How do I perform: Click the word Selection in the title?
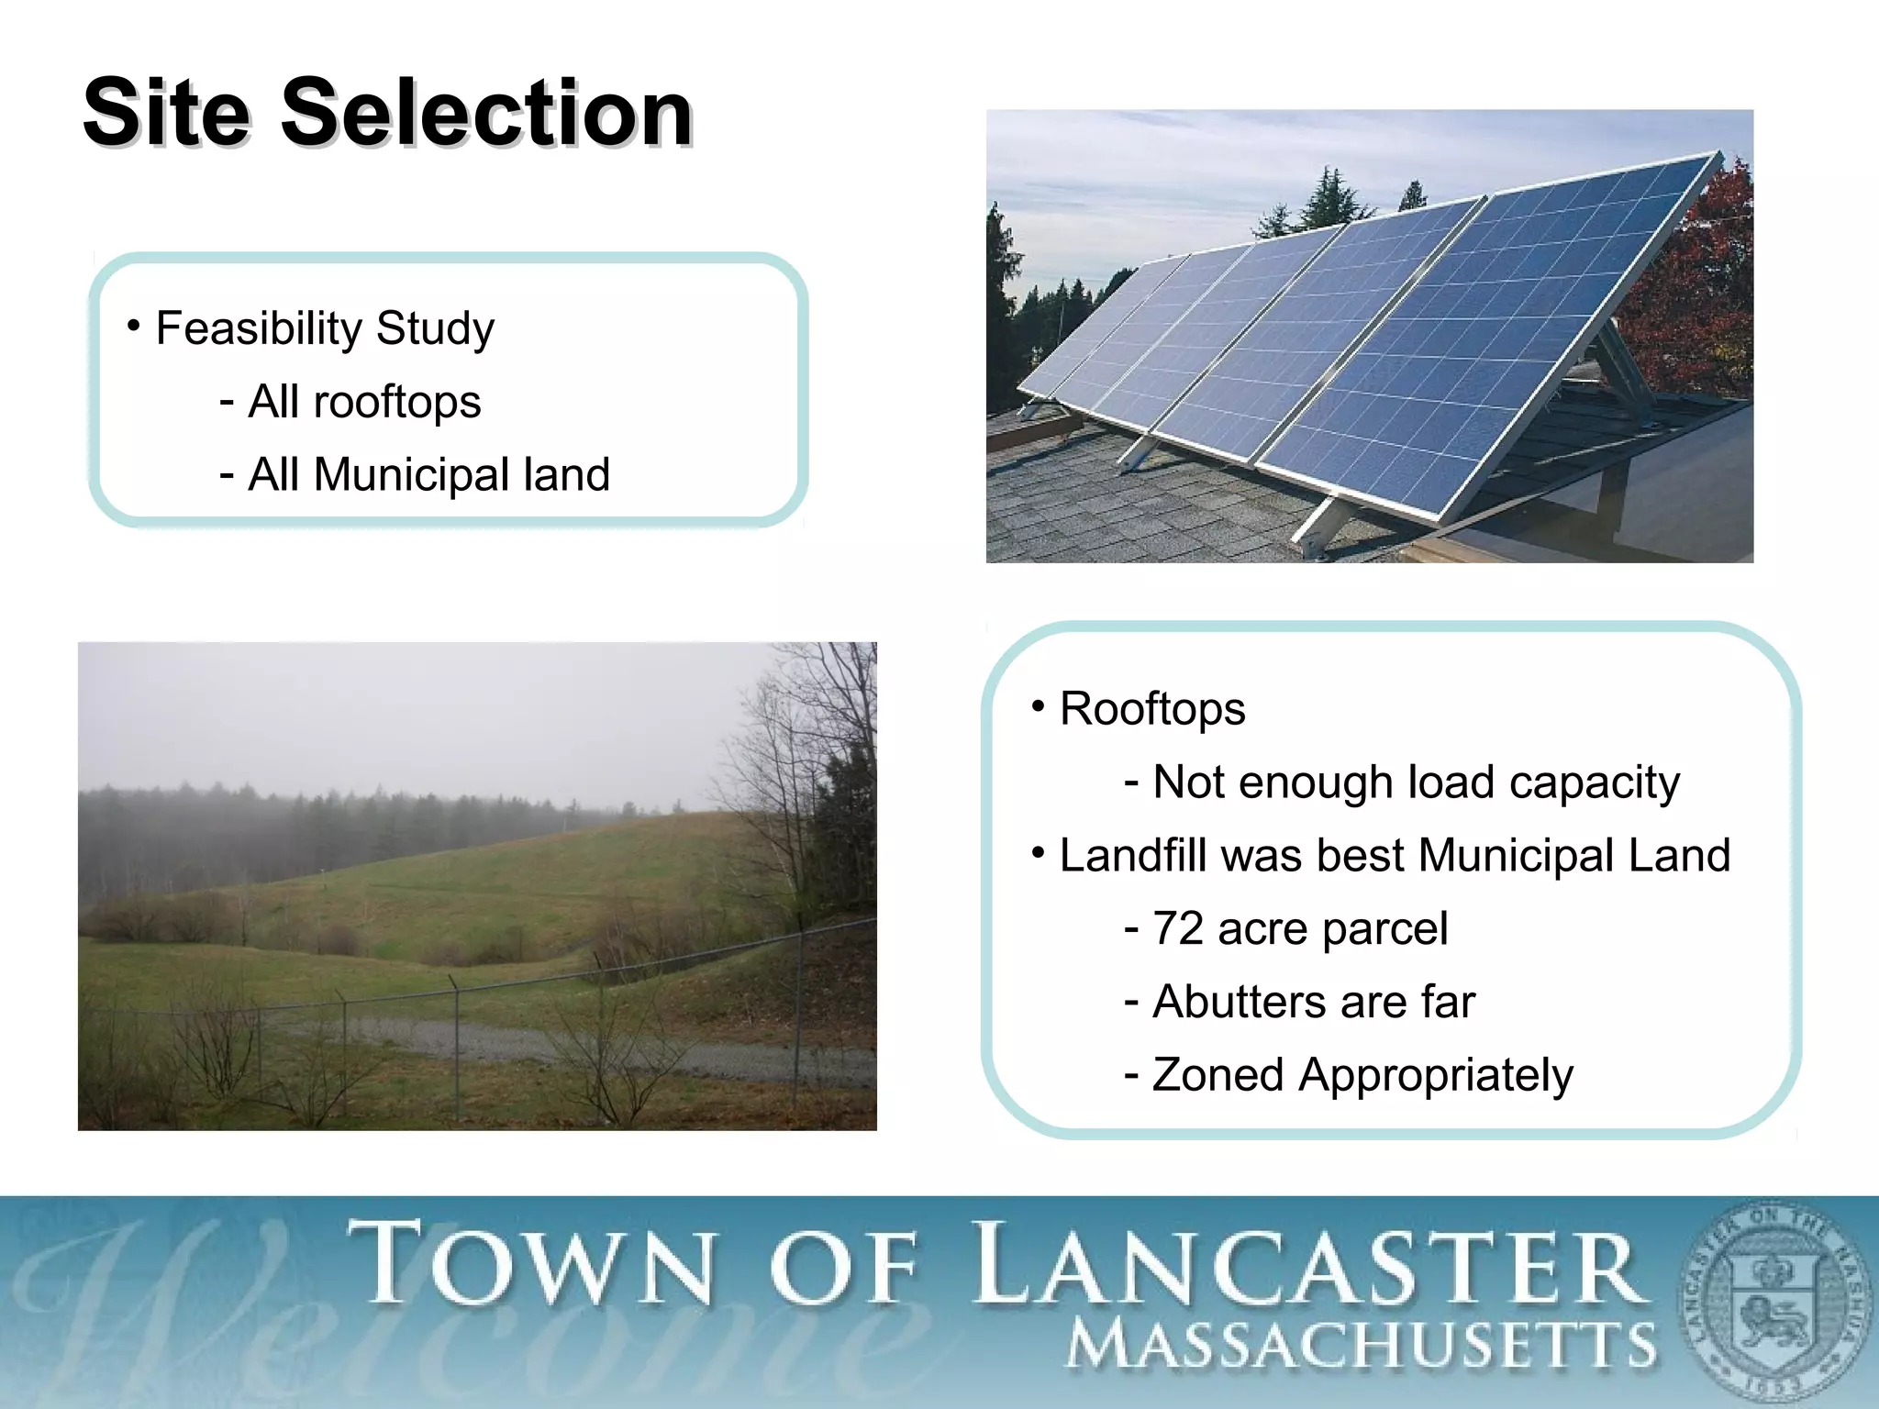pyautogui.click(x=485, y=114)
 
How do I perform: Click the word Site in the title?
pyautogui.click(x=166, y=114)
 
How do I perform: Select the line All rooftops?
pyautogui.click(x=363, y=402)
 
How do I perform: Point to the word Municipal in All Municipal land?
pyautogui.click(x=411, y=475)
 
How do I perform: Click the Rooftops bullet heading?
pyautogui.click(x=1151, y=709)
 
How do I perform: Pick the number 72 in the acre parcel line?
pyautogui.click(x=1177, y=928)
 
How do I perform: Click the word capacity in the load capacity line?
pyautogui.click(x=1594, y=782)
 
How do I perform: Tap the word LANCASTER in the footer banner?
pyautogui.click(x=1307, y=1267)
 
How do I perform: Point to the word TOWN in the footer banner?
pyautogui.click(x=532, y=1265)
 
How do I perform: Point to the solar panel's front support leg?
pyautogui.click(x=1318, y=527)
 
